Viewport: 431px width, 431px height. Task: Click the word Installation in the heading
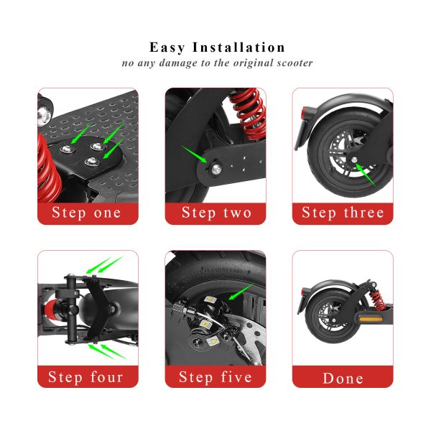tap(239, 47)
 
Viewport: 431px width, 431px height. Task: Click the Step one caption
tap(88, 213)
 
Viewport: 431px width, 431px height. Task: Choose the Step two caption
tap(215, 213)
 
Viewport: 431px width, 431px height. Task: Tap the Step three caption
tap(343, 213)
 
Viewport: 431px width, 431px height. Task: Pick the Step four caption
tap(88, 376)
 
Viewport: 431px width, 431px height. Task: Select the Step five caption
tap(215, 376)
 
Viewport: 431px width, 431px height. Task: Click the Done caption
tap(343, 376)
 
